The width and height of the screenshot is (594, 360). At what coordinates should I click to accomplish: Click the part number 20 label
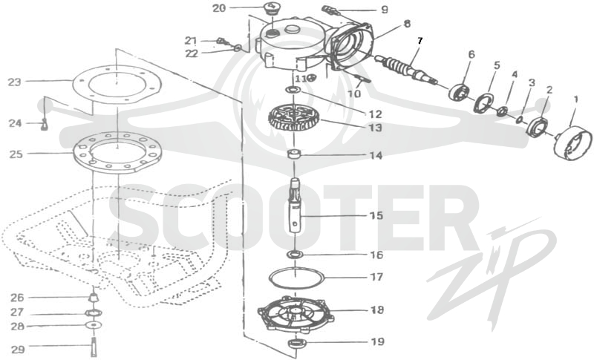[218, 8]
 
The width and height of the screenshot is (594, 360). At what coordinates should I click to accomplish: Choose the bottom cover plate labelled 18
[296, 314]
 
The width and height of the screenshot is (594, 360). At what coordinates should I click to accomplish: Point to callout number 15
[376, 215]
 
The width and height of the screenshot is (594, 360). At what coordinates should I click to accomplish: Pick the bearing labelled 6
[460, 91]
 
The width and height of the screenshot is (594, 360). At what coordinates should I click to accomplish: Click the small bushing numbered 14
[294, 154]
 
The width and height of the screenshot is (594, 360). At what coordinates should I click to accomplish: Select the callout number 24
[15, 123]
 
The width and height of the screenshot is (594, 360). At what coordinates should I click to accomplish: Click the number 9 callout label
[385, 9]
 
